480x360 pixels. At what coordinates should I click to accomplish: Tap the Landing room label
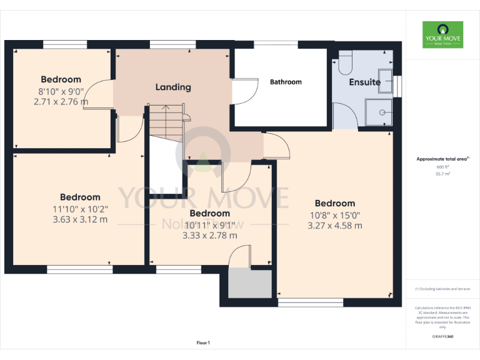(173, 87)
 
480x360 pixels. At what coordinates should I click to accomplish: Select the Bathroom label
(286, 82)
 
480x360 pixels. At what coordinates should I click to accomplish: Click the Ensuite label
(364, 82)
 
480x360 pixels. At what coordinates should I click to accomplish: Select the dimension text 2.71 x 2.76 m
(61, 101)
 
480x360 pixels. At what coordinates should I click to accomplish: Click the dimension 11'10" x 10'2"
(80, 209)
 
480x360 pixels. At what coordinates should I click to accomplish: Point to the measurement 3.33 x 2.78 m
(209, 236)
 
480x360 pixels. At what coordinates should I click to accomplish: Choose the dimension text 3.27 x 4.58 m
(335, 226)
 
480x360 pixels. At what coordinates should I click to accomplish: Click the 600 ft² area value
(442, 167)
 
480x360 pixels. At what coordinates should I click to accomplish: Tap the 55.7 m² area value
(442, 174)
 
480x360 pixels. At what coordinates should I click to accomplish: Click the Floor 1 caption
(202, 343)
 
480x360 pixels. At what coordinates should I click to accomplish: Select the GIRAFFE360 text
(442, 337)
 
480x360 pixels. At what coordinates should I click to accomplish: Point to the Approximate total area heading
(442, 159)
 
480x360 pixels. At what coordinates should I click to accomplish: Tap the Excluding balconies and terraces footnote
(442, 289)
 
